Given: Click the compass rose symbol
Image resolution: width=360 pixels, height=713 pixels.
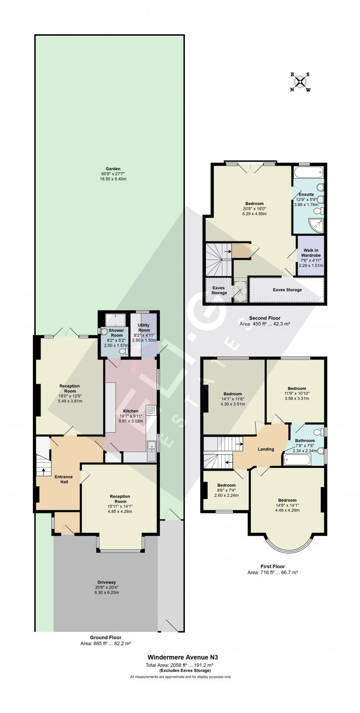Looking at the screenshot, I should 301,82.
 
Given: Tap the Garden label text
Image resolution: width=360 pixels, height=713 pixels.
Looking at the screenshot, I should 104,169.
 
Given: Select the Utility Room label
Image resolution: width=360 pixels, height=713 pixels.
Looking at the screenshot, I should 144,328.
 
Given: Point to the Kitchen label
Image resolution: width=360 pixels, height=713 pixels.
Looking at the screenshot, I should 131,411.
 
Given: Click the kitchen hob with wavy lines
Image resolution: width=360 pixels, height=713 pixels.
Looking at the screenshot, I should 151,410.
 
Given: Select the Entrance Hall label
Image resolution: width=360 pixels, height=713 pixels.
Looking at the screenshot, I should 64,479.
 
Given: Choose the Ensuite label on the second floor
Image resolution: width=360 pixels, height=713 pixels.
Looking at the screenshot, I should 307,195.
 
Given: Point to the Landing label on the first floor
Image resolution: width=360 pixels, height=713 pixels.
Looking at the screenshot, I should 266,449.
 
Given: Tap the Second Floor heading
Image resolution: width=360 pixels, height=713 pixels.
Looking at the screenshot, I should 265,318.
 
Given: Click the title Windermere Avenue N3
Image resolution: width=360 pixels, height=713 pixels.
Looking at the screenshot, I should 183,657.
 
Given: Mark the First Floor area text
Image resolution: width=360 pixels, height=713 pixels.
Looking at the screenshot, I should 272,572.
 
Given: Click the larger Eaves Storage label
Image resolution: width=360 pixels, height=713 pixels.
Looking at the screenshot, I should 287,290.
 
